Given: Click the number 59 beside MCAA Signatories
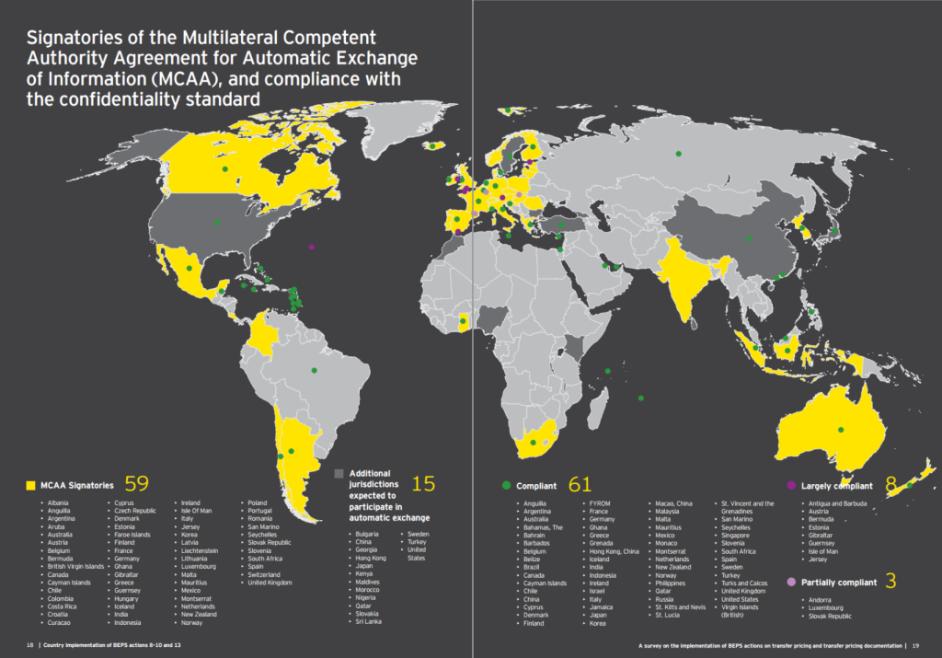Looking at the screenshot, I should coord(136,483).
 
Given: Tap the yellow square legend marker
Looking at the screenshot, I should coord(31,484).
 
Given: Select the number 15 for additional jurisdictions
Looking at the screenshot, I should coord(423,483).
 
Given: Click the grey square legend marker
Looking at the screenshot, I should coord(339,473).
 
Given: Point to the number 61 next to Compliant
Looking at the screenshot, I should coord(580,484).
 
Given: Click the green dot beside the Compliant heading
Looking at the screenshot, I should coord(505,484).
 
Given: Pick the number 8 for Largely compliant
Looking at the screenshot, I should coord(890,483).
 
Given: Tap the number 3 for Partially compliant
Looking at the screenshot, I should coord(890,582).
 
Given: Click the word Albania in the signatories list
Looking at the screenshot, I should coord(59,503).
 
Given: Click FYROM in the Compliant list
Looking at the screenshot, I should coord(600,503).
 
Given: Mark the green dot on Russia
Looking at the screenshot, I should coord(679,154).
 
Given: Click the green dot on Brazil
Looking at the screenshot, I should coord(313,371).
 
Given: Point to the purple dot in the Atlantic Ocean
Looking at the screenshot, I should coord(312,247).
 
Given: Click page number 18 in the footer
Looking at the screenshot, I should coord(30,645).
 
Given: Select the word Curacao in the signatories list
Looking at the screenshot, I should coord(59,623).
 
